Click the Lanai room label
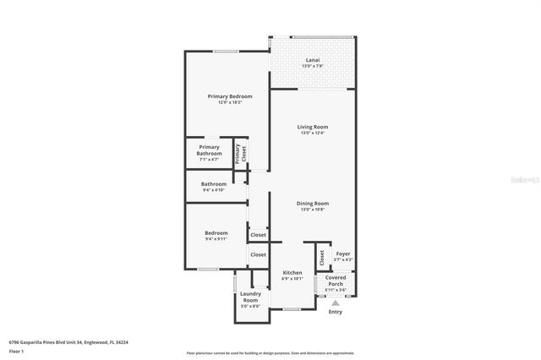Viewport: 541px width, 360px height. pos(312,60)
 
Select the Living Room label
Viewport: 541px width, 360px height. pos(312,127)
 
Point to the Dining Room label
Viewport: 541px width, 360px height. pos(312,203)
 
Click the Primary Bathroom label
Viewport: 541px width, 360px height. pos(209,150)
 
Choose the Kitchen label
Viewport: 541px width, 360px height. pos(292,272)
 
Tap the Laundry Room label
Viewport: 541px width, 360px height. pos(250,297)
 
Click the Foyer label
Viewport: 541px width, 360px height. pos(343,253)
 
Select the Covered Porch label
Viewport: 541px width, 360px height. pos(336,280)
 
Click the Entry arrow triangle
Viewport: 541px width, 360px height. pos(336,302)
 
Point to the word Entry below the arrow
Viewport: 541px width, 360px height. pos(336,312)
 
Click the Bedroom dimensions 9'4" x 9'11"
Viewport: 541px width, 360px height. pos(216,239)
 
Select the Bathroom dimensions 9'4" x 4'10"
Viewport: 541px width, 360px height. pos(213,190)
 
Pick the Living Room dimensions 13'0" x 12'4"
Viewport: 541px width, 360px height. pos(312,133)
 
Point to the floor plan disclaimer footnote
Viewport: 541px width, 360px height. pos(270,352)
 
